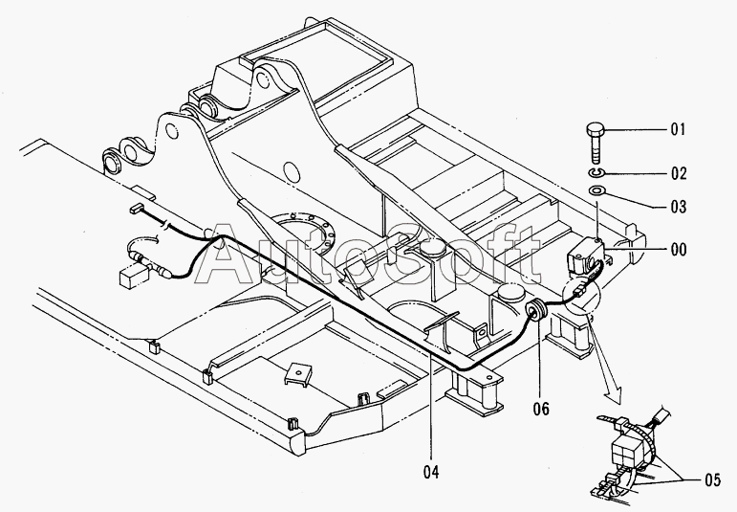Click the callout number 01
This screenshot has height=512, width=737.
(678, 129)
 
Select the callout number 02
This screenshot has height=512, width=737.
(679, 173)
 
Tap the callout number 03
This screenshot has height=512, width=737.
(679, 207)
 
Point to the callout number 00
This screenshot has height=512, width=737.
(679, 249)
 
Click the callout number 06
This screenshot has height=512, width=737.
(541, 409)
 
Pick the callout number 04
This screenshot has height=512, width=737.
(431, 472)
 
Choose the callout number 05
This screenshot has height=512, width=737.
(712, 480)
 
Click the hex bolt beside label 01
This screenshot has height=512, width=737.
(596, 143)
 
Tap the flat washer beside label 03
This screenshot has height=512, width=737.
(596, 191)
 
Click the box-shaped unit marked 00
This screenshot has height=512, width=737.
(584, 256)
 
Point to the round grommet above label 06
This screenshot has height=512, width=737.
(535, 312)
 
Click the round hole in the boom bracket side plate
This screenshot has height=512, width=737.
(292, 172)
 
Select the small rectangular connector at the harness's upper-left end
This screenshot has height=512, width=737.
(138, 207)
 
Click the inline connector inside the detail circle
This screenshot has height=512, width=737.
(579, 292)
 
